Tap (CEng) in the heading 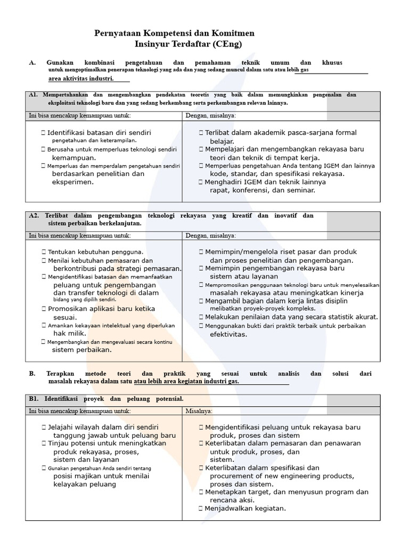(x=217, y=45)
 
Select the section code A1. (x=33, y=95)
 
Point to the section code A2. (x=34, y=215)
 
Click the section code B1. (x=34, y=399)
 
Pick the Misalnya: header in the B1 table (x=199, y=411)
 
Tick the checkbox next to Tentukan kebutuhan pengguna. (x=43, y=252)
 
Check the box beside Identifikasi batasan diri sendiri (x=43, y=132)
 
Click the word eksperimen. (x=73, y=182)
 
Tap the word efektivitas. (x=228, y=334)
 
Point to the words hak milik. (x=67, y=333)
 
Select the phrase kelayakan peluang (x=85, y=484)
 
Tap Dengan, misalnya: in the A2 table (x=210, y=235)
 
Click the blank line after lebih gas (x=339, y=72)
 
